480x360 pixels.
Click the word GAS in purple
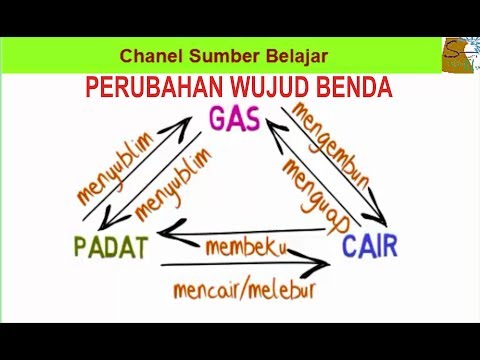pos(235,120)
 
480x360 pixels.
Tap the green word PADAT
pos(110,246)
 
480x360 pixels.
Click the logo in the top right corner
pos(459,55)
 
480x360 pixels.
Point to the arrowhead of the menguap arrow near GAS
pos(271,128)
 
